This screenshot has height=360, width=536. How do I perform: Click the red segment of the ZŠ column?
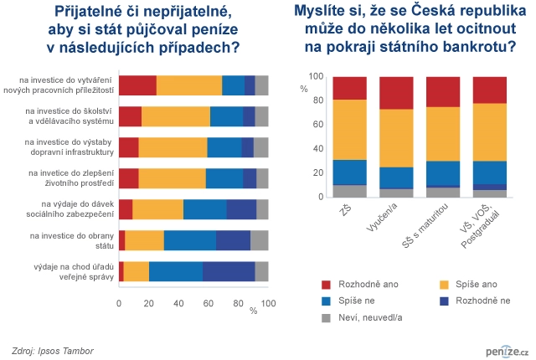(x=349, y=88)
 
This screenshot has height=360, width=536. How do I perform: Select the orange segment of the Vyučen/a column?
(x=396, y=138)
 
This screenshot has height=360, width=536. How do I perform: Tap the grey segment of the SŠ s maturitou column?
(x=443, y=193)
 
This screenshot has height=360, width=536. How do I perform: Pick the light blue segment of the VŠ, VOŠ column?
(x=490, y=172)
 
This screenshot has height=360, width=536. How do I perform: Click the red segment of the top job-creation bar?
(x=137, y=85)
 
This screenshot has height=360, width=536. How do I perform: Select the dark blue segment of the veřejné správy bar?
(x=229, y=271)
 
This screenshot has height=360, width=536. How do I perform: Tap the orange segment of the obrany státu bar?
(x=144, y=240)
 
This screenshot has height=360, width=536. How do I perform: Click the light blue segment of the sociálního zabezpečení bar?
(x=205, y=209)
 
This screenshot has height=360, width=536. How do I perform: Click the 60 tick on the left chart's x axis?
(x=208, y=303)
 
